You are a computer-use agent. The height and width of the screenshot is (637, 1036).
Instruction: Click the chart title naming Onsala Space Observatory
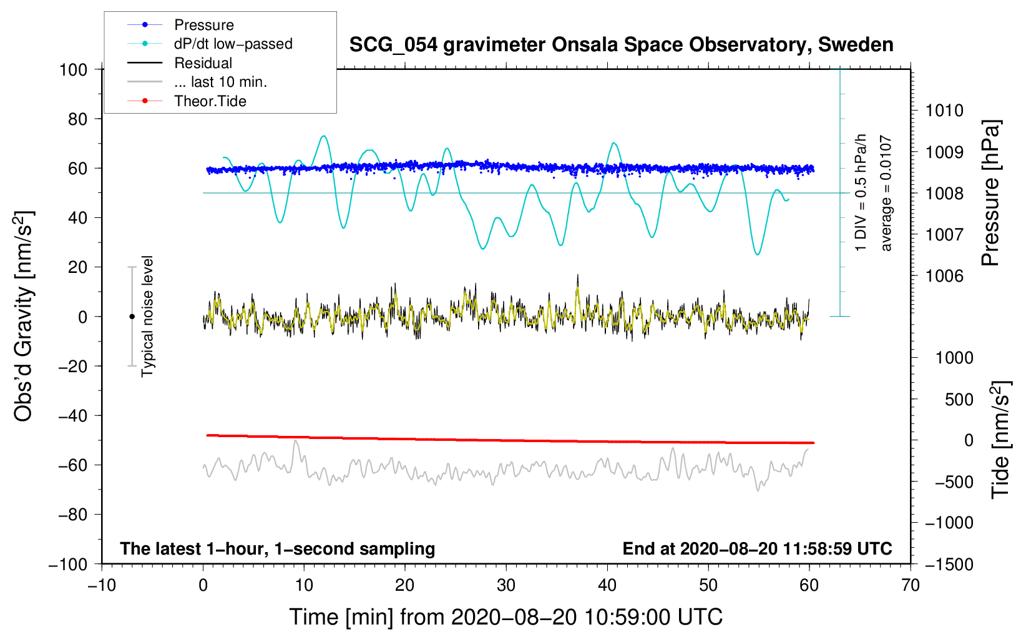[621, 45]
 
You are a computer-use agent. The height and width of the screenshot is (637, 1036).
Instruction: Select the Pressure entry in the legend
[203, 25]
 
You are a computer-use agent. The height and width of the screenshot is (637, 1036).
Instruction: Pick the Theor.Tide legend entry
[210, 101]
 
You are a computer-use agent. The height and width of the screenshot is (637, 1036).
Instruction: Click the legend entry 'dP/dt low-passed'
[233, 44]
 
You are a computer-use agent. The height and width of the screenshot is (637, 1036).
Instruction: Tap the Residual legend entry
[203, 63]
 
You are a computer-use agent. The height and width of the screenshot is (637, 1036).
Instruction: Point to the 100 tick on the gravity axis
[73, 69]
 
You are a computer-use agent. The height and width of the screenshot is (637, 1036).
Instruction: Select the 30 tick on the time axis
[506, 585]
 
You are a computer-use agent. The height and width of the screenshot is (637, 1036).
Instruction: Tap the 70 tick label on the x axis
[911, 585]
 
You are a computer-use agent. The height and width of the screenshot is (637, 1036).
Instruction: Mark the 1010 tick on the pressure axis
[944, 111]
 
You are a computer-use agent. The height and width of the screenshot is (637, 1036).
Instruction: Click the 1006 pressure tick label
[944, 276]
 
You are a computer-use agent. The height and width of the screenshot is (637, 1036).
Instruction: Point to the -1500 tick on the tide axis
[949, 565]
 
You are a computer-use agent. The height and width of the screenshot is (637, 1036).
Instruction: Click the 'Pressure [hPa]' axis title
[992, 194]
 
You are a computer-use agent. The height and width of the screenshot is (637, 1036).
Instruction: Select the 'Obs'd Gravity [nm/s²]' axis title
[24, 317]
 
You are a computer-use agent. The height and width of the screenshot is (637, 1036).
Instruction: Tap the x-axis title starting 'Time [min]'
[506, 617]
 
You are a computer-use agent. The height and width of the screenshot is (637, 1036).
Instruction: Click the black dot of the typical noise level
[132, 317]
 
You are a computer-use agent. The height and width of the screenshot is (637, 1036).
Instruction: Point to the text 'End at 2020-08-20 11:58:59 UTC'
[757, 549]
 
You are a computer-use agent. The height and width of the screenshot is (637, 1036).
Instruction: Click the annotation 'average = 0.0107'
[886, 194]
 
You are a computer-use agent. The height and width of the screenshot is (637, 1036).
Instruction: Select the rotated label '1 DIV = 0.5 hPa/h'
[861, 192]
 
